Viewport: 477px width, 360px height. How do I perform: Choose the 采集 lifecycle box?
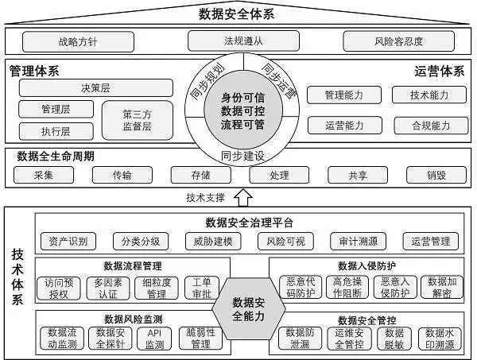click(x=45, y=175)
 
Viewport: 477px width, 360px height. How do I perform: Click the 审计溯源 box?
click(x=356, y=241)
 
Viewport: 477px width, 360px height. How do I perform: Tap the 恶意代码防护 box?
click(x=298, y=288)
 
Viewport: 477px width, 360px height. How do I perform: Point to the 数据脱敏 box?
click(x=394, y=339)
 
